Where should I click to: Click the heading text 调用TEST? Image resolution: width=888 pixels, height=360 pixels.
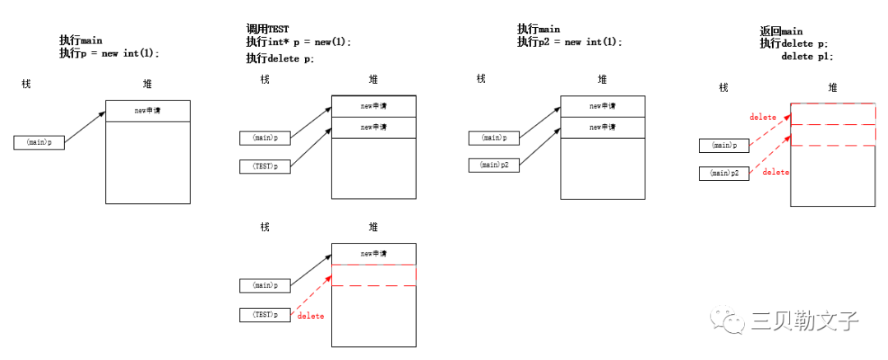click(x=267, y=29)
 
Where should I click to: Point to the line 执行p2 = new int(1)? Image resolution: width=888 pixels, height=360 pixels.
click(x=569, y=42)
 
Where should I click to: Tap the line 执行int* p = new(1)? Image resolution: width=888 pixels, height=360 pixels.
click(x=298, y=42)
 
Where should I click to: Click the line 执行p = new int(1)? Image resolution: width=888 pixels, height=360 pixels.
click(x=109, y=53)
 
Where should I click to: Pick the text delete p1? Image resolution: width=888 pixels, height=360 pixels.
click(x=807, y=56)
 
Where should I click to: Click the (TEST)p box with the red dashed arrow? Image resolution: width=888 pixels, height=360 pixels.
click(x=265, y=315)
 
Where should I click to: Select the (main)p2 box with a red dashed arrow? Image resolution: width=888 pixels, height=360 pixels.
click(x=724, y=173)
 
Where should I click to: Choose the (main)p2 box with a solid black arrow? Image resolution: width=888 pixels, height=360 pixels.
click(x=493, y=165)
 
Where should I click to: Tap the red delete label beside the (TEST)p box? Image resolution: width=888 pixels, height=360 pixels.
click(x=311, y=316)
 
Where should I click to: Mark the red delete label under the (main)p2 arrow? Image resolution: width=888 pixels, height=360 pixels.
click(x=775, y=173)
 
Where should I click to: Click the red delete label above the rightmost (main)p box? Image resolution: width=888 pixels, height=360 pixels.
click(x=762, y=118)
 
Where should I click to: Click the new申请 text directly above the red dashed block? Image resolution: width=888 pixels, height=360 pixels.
click(x=373, y=253)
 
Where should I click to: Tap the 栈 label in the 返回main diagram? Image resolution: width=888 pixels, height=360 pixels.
click(x=724, y=88)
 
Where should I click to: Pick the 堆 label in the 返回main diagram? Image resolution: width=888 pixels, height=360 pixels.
click(x=833, y=88)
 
